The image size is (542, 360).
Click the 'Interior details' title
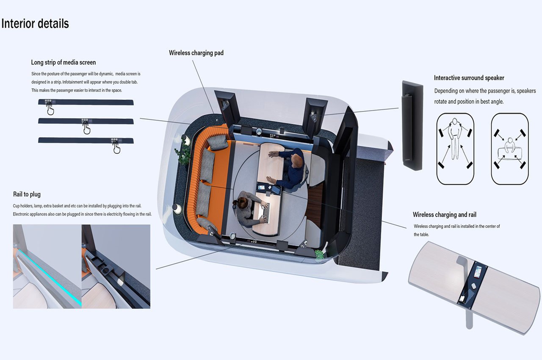pos(35,23)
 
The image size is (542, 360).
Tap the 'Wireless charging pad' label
pos(196,53)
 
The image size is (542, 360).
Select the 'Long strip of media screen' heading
pos(63,63)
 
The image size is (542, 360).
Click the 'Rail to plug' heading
pos(27,194)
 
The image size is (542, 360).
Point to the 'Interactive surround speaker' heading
pos(469,78)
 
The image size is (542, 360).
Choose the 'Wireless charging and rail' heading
pos(445,215)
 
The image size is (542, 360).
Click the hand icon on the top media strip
pos(50,110)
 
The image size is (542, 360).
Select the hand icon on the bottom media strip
pos(116,147)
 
